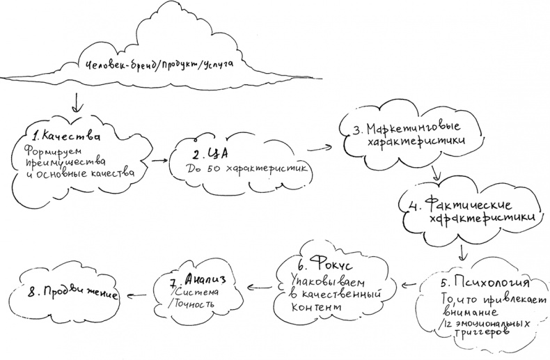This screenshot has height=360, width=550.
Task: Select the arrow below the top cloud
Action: click(x=79, y=102)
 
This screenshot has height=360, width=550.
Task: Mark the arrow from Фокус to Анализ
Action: click(x=255, y=285)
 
